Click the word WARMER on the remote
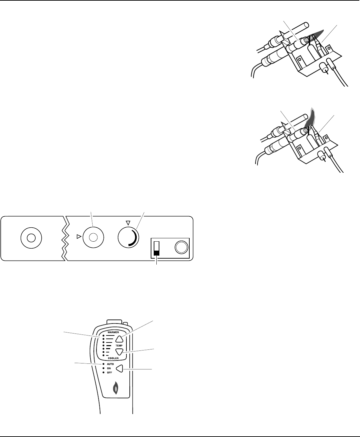click(x=113, y=332)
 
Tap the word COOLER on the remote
click(x=113, y=358)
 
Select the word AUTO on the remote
click(x=110, y=364)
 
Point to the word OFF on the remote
click(x=109, y=372)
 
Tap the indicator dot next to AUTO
click(x=104, y=364)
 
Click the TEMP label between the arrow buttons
click(x=119, y=346)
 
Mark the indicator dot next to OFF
click(x=104, y=372)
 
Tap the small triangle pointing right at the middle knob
click(x=79, y=237)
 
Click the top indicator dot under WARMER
click(x=104, y=335)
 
